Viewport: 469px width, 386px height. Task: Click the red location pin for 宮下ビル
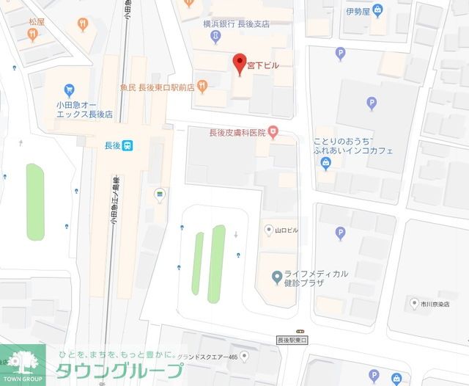[x=237, y=63]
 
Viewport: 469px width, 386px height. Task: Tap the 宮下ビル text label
[x=262, y=65]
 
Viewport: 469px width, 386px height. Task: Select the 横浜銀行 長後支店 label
[x=236, y=24]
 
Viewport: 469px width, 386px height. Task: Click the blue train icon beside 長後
[x=128, y=145]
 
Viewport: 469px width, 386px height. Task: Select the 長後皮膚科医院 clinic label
[x=237, y=133]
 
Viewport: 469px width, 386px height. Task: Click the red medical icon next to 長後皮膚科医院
[x=273, y=132]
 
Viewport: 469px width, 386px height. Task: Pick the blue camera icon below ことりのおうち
[x=326, y=164]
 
